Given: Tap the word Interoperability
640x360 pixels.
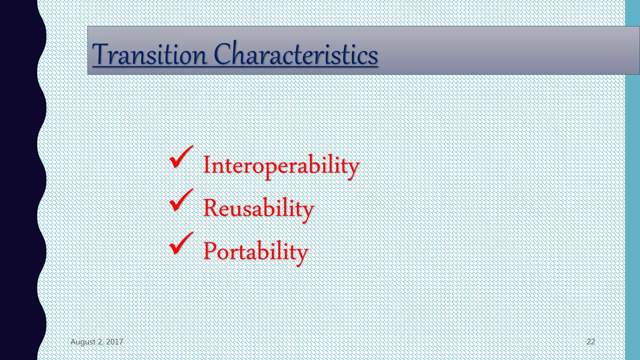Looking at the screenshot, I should coord(281,165).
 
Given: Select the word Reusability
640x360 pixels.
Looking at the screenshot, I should coord(258,208).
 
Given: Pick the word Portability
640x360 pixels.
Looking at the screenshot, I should coord(255,251).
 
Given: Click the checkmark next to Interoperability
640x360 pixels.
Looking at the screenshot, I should coord(181,157).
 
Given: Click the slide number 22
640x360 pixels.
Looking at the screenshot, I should coord(590,342).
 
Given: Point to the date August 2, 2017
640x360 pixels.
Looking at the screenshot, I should coord(97,342).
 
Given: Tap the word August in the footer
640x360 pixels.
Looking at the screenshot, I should coord(83,342).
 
